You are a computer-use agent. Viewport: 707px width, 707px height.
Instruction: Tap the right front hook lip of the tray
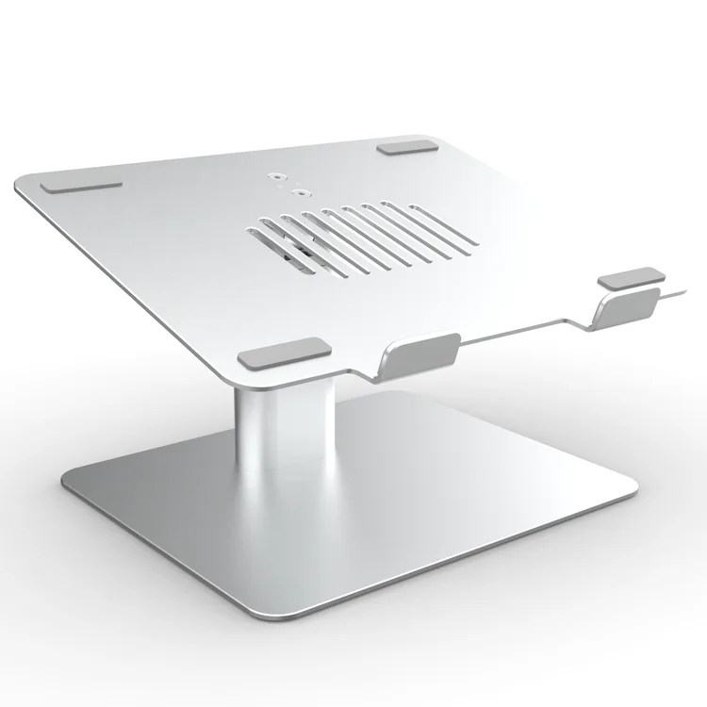pyautogui.click(x=629, y=307)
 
